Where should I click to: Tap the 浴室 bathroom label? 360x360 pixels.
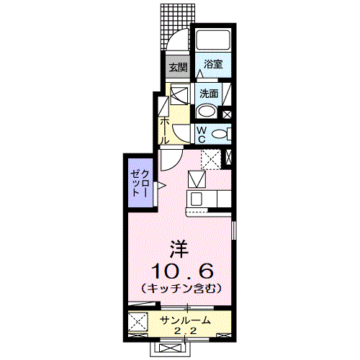(x=212, y=64)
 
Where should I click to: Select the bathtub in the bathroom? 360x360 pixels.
(x=212, y=40)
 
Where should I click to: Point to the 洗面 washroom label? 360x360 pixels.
(x=210, y=94)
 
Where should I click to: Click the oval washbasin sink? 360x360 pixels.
(x=206, y=111)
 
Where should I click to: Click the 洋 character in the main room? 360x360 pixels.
(x=179, y=249)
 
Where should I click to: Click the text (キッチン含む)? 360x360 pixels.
(x=181, y=288)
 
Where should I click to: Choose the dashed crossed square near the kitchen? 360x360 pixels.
(x=210, y=158)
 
